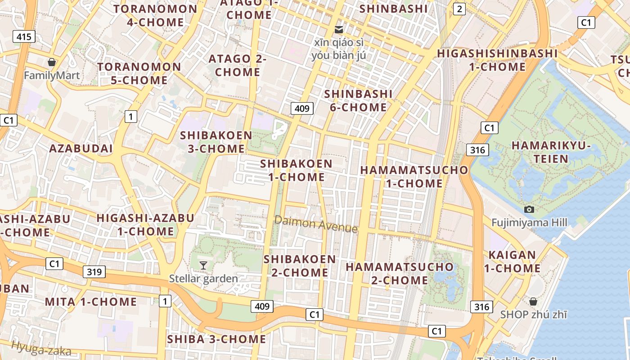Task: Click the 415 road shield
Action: tap(24, 36)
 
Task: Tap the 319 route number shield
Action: tap(94, 271)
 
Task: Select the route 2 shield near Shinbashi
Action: tap(459, 9)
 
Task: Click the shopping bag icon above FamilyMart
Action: tap(52, 62)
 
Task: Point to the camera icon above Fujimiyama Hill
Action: tap(529, 209)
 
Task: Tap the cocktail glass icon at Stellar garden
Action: tap(203, 265)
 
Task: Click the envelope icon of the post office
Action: tap(339, 30)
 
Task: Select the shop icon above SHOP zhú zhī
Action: tap(533, 301)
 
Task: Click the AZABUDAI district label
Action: tap(81, 148)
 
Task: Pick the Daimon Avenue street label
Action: tap(316, 224)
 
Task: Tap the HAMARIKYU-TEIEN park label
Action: tap(551, 152)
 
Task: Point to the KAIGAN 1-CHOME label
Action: tap(512, 261)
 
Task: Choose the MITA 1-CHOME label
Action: tap(91, 301)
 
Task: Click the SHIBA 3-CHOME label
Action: tap(216, 339)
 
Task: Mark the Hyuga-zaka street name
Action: tap(41, 348)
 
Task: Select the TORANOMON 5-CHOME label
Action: tap(139, 74)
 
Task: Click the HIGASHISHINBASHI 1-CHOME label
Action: tap(497, 60)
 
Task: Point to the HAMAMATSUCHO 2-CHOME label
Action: tap(400, 273)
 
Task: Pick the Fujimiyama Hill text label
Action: tap(529, 222)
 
